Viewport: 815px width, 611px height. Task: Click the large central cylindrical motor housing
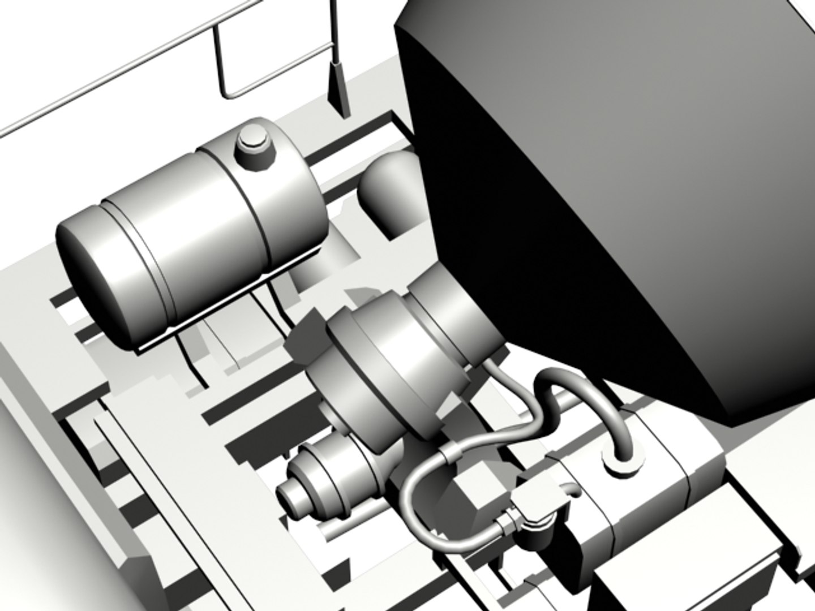pyautogui.click(x=391, y=362)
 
